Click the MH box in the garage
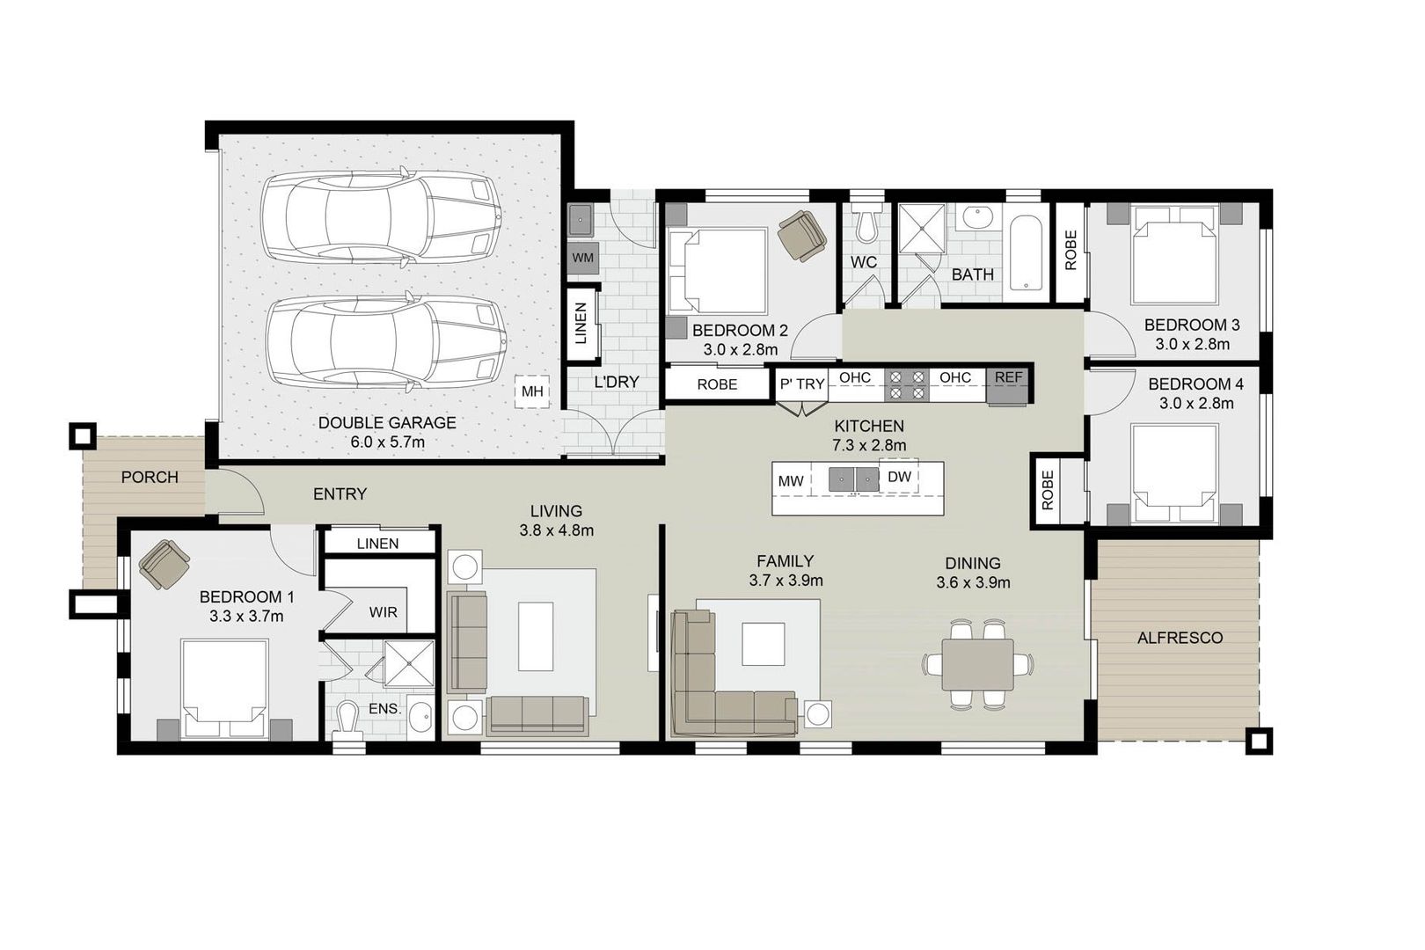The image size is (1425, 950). (532, 391)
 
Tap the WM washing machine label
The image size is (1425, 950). (582, 258)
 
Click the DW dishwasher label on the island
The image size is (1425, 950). (899, 478)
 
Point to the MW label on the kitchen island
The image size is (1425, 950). (790, 481)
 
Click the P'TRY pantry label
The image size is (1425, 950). (802, 384)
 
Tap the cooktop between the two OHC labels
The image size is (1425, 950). (907, 384)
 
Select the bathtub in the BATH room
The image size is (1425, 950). (1025, 255)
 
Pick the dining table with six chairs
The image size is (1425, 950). (976, 665)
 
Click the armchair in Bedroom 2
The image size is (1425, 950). (802, 235)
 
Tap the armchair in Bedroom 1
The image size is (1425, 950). (164, 564)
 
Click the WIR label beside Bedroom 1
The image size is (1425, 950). (383, 611)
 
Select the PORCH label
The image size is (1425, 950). (150, 478)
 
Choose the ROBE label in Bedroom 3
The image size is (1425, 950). (1070, 250)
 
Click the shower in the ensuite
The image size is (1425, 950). (410, 663)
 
